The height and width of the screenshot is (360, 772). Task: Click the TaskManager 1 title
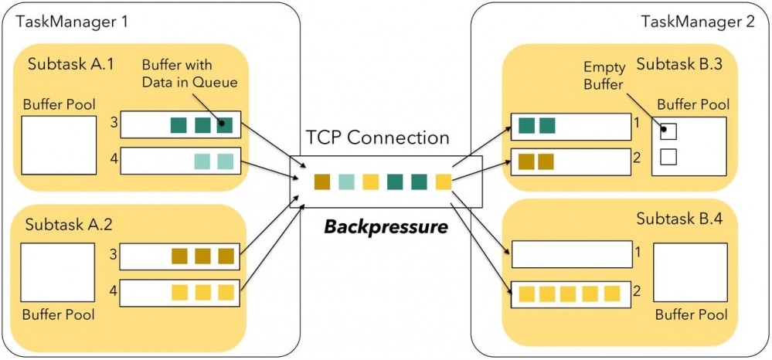pyautogui.click(x=73, y=21)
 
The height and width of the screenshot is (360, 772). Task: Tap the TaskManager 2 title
pyautogui.click(x=697, y=21)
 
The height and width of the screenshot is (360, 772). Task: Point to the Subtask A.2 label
pyautogui.click(x=70, y=225)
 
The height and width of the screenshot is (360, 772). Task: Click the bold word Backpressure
pyautogui.click(x=385, y=227)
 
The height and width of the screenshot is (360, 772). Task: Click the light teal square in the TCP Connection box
pyautogui.click(x=346, y=182)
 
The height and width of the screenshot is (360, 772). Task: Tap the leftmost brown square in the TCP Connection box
pyautogui.click(x=322, y=182)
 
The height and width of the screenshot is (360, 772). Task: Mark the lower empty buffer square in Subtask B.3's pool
pyautogui.click(x=668, y=157)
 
